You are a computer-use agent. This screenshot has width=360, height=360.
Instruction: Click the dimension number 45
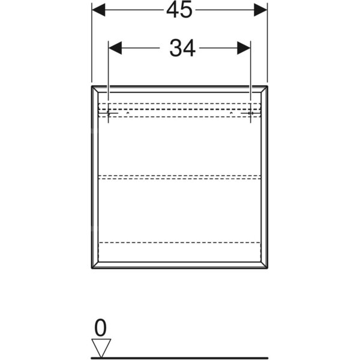point(179,10)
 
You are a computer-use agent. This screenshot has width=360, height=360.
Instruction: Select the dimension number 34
point(182,48)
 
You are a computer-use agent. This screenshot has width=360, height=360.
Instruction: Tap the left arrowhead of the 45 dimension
point(98,10)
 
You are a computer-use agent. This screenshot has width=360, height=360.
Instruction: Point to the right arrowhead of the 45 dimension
point(260,10)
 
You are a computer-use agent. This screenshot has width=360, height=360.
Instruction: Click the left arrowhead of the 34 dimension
point(115,48)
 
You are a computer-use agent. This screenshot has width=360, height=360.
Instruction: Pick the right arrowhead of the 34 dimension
point(244,48)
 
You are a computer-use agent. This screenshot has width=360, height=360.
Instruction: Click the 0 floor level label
point(101,328)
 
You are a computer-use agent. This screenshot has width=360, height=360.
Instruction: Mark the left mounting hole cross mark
point(109,113)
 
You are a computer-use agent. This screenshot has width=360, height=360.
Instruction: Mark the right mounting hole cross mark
point(250,113)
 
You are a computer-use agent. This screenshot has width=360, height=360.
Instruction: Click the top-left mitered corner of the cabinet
point(95,89)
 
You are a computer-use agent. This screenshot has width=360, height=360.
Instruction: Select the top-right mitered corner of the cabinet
point(264,89)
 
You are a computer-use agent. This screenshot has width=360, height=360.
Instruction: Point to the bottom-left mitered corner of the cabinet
point(95,265)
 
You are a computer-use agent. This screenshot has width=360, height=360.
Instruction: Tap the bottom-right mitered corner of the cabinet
point(264,265)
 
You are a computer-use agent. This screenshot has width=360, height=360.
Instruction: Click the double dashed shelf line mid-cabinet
point(179,177)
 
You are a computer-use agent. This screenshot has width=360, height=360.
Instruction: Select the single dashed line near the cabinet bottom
point(179,242)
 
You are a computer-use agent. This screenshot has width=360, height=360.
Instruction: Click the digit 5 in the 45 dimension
point(186,10)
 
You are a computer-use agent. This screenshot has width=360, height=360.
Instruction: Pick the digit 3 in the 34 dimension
point(175,48)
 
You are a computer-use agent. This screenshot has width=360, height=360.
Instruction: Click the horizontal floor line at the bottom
point(179,358)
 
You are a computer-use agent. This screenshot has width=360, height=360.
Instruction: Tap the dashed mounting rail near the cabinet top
point(179,110)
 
